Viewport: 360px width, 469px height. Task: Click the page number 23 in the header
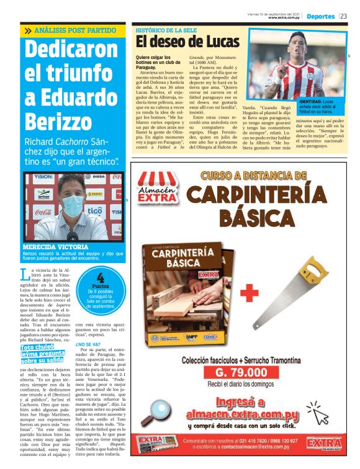(343, 16)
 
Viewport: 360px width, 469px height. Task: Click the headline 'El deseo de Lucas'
(187, 42)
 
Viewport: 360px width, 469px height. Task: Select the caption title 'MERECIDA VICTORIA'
(48, 247)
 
